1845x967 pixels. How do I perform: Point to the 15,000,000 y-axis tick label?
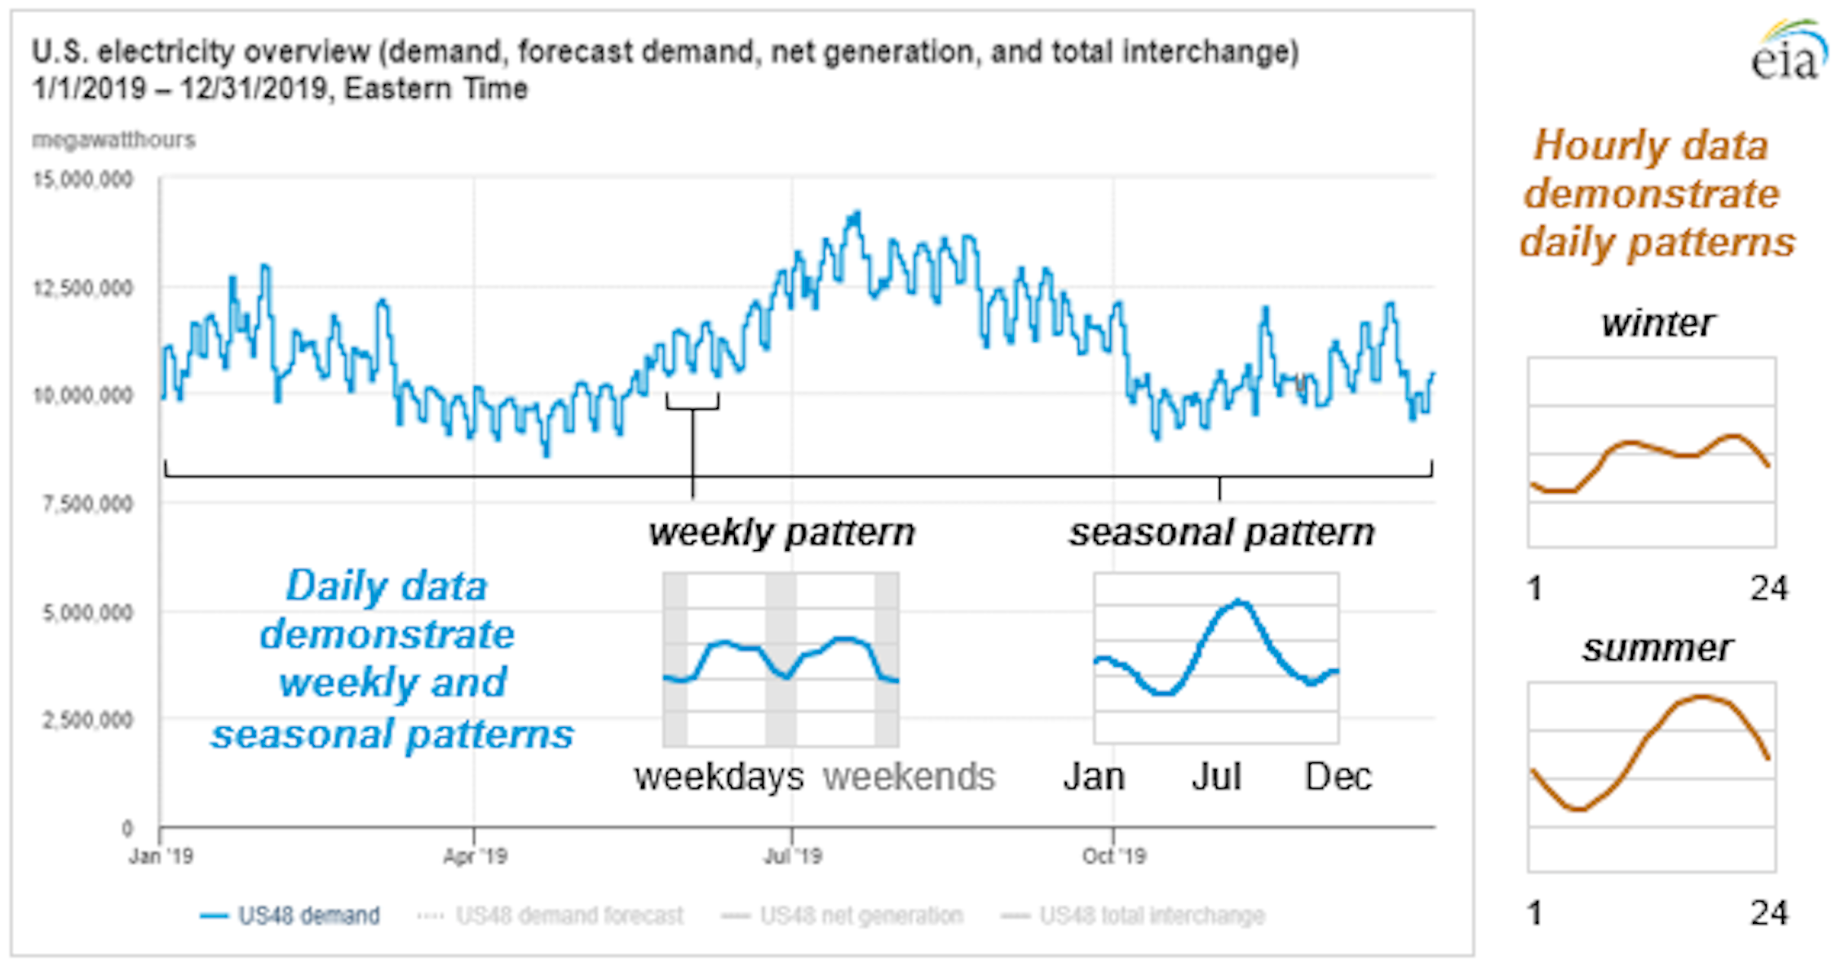[x=82, y=180]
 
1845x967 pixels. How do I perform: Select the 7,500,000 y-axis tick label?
[x=86, y=503]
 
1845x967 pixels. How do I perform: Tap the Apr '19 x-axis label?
[x=475, y=856]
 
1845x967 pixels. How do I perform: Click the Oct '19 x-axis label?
[x=1113, y=856]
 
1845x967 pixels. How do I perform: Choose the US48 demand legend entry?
[x=290, y=916]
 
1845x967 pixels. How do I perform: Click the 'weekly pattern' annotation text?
[x=781, y=533]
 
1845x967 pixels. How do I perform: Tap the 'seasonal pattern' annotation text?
[x=1221, y=533]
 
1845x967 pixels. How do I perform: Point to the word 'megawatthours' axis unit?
[x=113, y=140]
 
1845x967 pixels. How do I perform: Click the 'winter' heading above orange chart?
[x=1656, y=323]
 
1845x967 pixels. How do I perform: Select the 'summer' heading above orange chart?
[x=1656, y=649]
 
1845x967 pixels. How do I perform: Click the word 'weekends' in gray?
[x=909, y=777]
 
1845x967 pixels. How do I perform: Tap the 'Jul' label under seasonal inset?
[x=1216, y=777]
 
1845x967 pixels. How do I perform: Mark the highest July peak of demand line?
[x=855, y=214]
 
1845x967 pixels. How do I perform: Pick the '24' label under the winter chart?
[x=1768, y=588]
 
